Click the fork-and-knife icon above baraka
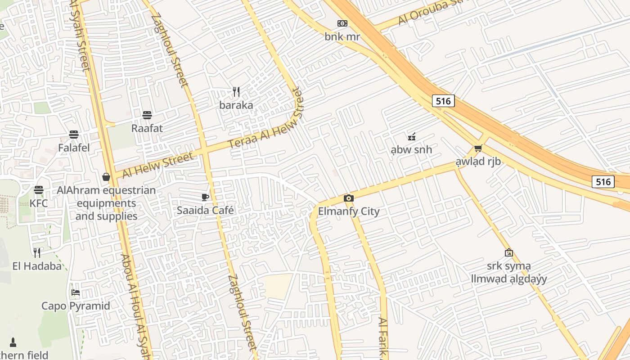coord(236,92)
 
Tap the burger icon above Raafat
coord(147,115)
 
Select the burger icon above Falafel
coord(74,135)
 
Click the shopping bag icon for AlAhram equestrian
coord(106,177)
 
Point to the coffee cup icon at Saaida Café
coord(205,197)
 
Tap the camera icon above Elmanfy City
coord(348,198)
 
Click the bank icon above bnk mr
coord(342,23)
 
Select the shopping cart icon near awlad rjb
coord(478,148)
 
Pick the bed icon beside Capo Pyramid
coord(76,292)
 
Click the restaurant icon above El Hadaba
coord(37,252)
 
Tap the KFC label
coord(39,203)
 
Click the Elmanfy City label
coord(349,211)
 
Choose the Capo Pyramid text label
coord(76,306)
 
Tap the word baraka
coord(236,105)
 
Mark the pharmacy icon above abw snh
coord(411,136)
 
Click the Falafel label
coord(74,148)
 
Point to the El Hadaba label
coord(37,266)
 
